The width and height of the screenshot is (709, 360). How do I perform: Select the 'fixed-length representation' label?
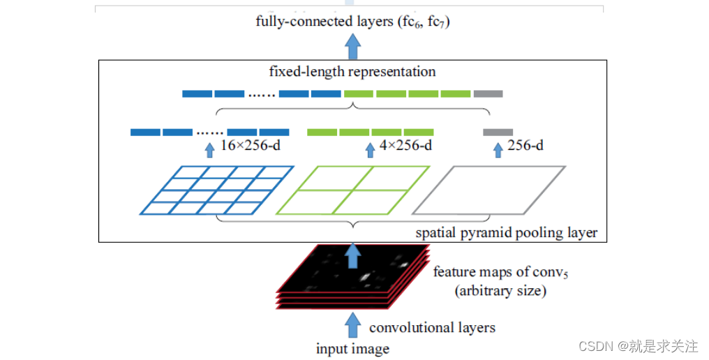click(x=352, y=71)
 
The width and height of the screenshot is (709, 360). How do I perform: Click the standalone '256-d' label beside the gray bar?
click(x=525, y=147)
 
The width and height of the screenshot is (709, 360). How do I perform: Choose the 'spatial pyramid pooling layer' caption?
click(x=507, y=232)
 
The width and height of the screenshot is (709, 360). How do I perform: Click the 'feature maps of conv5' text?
click(x=500, y=272)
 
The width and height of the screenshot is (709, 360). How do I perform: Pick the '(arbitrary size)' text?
click(x=500, y=290)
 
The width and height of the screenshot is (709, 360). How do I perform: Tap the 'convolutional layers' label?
click(x=433, y=327)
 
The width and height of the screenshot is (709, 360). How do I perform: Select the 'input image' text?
click(x=352, y=349)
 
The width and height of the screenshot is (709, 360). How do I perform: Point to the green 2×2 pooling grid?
click(x=353, y=190)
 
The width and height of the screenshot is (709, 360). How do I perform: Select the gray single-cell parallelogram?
click(x=488, y=190)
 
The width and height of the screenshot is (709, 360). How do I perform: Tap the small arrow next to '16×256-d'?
click(x=209, y=149)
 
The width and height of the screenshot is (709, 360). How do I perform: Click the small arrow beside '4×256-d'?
click(x=370, y=149)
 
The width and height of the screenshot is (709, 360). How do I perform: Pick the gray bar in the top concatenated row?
click(x=488, y=93)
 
